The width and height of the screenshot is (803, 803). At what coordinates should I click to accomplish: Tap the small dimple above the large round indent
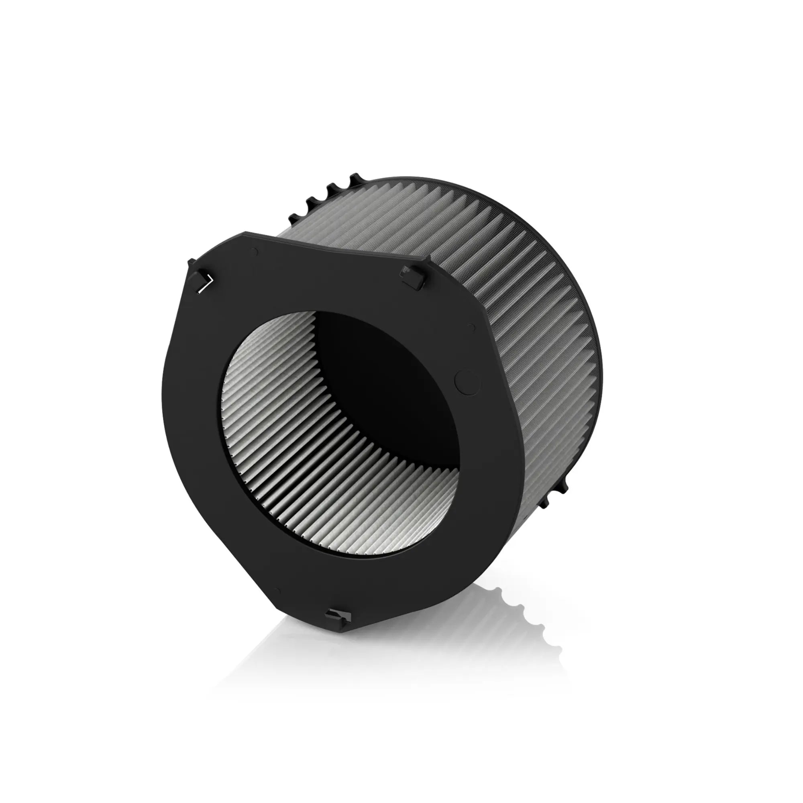(x=471, y=328)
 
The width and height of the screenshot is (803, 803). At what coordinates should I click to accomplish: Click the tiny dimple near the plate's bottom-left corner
(x=278, y=591)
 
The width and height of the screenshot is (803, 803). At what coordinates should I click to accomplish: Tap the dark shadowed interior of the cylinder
(x=387, y=387)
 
